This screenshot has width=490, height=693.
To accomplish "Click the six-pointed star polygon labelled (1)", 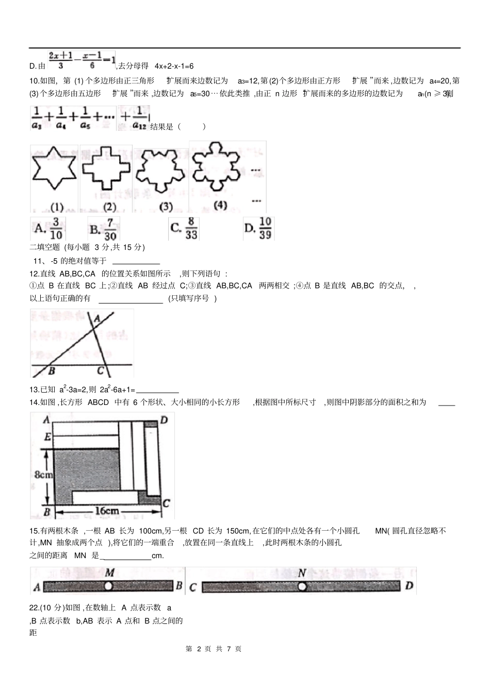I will tap(54, 169).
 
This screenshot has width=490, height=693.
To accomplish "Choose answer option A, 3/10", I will tap(48, 228).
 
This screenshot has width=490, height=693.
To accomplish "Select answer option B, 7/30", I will tap(104, 229).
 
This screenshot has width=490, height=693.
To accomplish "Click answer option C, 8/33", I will tap(184, 228).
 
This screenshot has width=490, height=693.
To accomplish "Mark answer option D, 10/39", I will tap(258, 228).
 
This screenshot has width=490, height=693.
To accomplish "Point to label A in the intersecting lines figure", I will tap(96, 318).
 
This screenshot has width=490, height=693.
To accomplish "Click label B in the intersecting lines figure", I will tap(52, 370).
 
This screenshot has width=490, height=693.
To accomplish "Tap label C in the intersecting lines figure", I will tap(101, 370).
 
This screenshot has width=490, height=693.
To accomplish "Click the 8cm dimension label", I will tap(43, 474).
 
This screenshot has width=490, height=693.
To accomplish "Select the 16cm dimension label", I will tap(107, 511).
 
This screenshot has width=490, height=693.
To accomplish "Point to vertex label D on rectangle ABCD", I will tap(164, 420).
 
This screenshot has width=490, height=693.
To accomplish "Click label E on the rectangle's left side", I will tap(47, 437).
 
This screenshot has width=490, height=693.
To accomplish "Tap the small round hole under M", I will tap(108, 586).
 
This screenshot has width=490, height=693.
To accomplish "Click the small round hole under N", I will tap(302, 586).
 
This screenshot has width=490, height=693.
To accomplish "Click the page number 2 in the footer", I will tap(198, 649).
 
